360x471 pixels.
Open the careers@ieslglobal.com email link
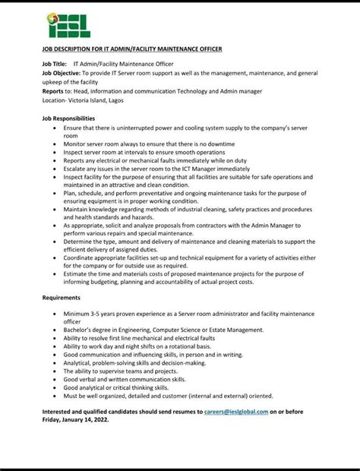(236, 411)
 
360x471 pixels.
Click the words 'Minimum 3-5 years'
(88, 314)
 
